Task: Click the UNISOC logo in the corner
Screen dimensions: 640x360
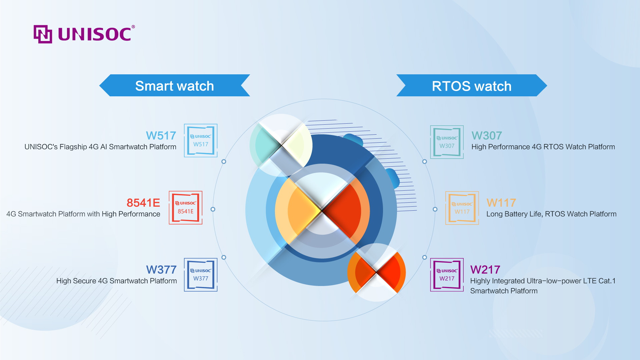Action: click(x=84, y=34)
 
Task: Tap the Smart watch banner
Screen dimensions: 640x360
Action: click(x=175, y=85)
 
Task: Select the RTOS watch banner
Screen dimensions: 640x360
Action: click(x=472, y=85)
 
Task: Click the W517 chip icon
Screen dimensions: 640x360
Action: click(x=201, y=141)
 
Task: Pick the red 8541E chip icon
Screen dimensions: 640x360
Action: click(x=186, y=208)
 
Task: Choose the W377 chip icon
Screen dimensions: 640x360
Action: click(x=201, y=275)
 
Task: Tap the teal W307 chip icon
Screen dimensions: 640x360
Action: click(x=447, y=142)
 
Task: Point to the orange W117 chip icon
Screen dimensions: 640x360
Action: click(x=462, y=208)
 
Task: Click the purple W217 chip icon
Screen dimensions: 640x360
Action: click(x=447, y=275)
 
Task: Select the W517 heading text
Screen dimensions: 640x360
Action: click(x=161, y=136)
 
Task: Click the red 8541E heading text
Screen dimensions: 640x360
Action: click(x=143, y=203)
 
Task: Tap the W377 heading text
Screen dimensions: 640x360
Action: click(x=161, y=270)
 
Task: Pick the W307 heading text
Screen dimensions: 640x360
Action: click(x=487, y=136)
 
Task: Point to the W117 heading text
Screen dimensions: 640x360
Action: click(x=501, y=203)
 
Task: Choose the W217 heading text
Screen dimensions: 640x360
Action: click(x=485, y=270)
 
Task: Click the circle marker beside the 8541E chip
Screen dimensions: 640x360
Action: click(x=213, y=209)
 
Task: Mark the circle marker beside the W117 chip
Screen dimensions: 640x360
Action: click(x=435, y=209)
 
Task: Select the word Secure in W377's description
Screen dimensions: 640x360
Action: click(x=85, y=281)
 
